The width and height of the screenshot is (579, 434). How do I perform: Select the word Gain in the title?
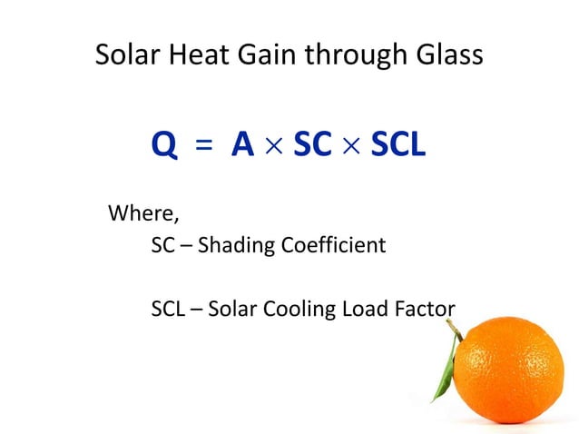click(259, 55)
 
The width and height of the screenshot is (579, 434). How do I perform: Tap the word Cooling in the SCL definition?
click(301, 310)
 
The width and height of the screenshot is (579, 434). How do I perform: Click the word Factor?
click(424, 309)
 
